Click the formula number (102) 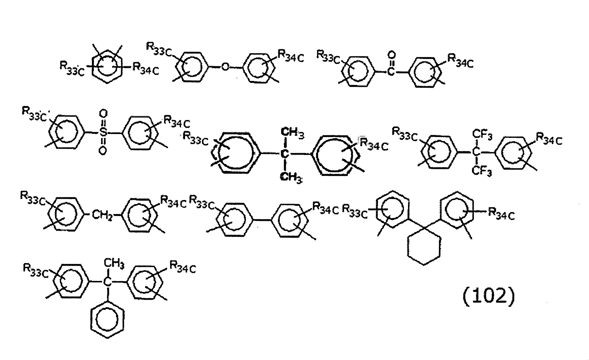point(489,297)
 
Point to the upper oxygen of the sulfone point(103,114)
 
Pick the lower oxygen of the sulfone point(103,152)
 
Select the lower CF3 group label point(482,171)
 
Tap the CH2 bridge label point(102,215)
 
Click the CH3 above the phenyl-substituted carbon point(114,264)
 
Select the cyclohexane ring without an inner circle point(424,249)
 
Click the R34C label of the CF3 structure point(549,139)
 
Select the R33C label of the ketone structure point(329,57)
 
